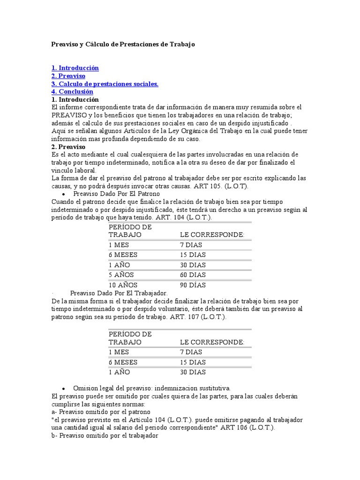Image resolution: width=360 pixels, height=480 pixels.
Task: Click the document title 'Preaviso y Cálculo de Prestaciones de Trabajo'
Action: pyautogui.click(x=122, y=44)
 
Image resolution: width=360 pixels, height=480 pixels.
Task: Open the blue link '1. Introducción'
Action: pyautogui.click(x=75, y=68)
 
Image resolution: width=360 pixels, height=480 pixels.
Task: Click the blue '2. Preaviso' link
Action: pyautogui.click(x=68, y=76)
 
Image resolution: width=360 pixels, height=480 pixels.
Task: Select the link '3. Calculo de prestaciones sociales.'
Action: pyautogui.click(x=105, y=84)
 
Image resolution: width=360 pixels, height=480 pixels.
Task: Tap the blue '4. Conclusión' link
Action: pyautogui.click(x=72, y=92)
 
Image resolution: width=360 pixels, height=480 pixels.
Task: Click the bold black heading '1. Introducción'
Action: pyautogui.click(x=75, y=100)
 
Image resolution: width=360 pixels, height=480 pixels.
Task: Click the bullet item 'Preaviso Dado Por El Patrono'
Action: pyautogui.click(x=117, y=194)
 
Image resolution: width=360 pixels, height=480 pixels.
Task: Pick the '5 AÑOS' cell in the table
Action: pyautogui.click(x=121, y=275)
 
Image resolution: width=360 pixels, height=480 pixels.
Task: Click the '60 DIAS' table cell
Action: pyautogui.click(x=193, y=275)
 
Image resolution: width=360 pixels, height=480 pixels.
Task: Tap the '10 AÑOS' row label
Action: pyautogui.click(x=123, y=285)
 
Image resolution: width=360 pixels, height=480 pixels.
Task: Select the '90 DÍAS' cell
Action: pyautogui.click(x=193, y=285)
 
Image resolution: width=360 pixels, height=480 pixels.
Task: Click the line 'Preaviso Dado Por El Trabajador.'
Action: pyautogui.click(x=119, y=293)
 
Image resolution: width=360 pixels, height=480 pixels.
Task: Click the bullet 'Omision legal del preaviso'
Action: pyautogui.click(x=152, y=388)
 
